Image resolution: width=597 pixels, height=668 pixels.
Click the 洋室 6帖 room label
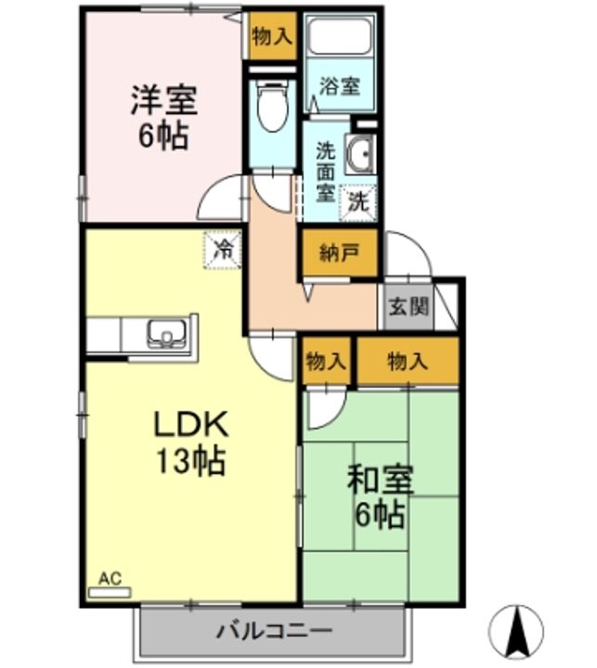pos(163,118)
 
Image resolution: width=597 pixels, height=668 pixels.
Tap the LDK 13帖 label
pos(191,443)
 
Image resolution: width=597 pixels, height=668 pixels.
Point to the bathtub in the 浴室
pos(340,36)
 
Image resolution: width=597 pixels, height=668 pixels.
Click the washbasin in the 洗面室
pos(360,154)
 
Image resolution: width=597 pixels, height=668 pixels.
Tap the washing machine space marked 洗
pos(358,203)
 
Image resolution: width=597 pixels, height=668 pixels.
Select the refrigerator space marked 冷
pos(223,250)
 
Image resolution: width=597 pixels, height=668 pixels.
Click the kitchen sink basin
pos(166,333)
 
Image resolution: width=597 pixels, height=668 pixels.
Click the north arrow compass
pos(516,632)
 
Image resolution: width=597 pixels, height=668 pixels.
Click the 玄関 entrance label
pos(409,305)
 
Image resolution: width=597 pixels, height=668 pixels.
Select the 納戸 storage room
pos(340,253)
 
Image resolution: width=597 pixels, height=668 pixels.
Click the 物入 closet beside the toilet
pos(272,36)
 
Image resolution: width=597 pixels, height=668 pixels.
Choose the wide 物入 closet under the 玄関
pos(408,361)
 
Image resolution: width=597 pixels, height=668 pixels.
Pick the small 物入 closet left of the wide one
pos(326,361)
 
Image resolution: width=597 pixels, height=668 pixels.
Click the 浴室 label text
pos(341,86)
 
